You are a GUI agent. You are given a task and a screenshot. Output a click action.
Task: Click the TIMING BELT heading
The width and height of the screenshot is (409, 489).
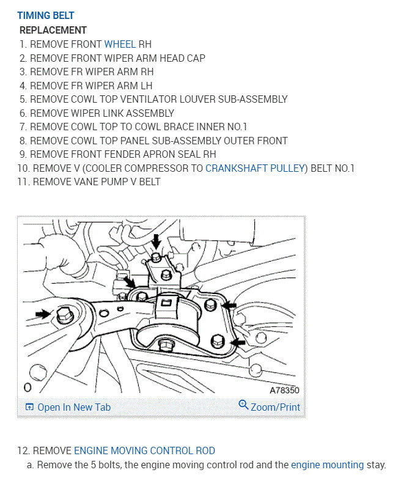46,15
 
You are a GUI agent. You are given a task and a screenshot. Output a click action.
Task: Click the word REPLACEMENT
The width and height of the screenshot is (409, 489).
53,30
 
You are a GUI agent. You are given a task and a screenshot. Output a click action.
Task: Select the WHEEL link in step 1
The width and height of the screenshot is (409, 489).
120,44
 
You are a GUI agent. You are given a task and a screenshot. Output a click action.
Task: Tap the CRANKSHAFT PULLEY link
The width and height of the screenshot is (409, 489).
254,168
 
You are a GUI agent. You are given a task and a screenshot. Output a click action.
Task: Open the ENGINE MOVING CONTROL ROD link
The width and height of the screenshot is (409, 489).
144,450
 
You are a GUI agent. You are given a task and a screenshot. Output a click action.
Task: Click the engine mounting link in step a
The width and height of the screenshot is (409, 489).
327,465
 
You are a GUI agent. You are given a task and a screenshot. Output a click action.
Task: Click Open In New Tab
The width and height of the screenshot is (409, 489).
74,407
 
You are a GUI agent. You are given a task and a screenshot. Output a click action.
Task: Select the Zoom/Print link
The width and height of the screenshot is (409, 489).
275,407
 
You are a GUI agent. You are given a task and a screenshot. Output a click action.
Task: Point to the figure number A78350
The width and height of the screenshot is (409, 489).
284,389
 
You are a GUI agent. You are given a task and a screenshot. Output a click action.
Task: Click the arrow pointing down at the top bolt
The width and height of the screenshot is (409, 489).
157,240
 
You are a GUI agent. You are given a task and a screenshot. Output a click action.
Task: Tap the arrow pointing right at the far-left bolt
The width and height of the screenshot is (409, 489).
43,314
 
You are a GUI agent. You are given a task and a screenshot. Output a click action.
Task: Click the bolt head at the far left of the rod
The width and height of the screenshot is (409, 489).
62,315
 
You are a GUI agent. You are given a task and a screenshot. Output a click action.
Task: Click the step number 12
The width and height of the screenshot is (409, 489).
23,450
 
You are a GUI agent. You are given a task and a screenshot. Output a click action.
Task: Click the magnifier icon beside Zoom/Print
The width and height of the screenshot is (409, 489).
243,405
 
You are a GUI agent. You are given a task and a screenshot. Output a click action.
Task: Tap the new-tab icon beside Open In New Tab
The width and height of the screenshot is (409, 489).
29,407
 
